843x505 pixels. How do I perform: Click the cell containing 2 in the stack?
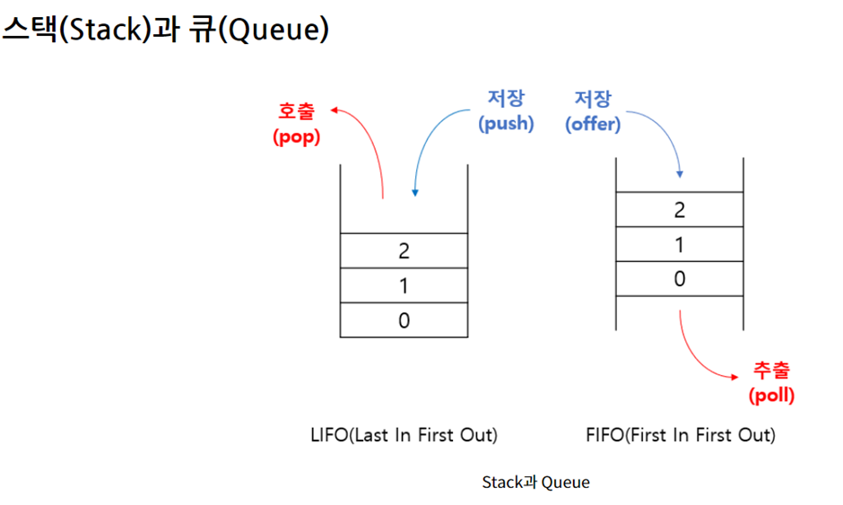pos(404,250)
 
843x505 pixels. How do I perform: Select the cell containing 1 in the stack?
pos(404,285)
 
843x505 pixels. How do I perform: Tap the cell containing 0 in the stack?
pos(404,320)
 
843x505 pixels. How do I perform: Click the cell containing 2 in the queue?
pos(679,210)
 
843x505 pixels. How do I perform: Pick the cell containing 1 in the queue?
pos(679,244)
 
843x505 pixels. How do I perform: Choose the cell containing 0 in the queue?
pos(679,279)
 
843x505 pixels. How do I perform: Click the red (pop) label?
pos(296,138)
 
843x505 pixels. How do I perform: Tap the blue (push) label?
pos(506,124)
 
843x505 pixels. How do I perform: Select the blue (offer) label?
pos(593,124)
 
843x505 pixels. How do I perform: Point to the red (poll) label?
pos(771,395)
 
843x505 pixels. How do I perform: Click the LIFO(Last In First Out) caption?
pos(403,435)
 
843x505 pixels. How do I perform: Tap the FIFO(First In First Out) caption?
pos(680,435)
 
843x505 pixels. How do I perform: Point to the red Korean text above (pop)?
pos(296,112)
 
